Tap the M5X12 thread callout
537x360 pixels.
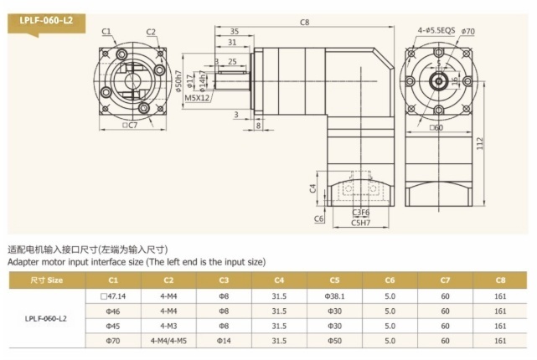click(x=198, y=97)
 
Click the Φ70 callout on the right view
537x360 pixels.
click(x=468, y=32)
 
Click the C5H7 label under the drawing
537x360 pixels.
click(x=362, y=223)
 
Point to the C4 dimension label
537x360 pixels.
click(x=312, y=188)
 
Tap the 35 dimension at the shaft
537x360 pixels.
click(x=232, y=32)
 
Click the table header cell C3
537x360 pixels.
click(x=224, y=280)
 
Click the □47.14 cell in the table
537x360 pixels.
click(x=112, y=296)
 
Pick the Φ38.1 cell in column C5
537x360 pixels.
click(x=334, y=296)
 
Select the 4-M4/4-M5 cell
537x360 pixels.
click(x=168, y=341)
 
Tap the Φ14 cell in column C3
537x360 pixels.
click(x=224, y=341)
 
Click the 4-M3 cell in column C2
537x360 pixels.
click(x=168, y=326)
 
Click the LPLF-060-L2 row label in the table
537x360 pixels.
click(x=47, y=318)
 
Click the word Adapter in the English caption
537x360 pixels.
click(x=25, y=262)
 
